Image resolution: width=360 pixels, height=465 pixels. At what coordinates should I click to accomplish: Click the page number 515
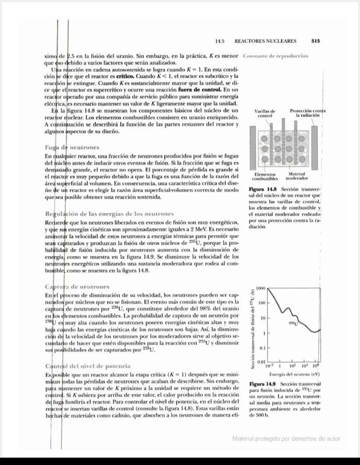(316, 41)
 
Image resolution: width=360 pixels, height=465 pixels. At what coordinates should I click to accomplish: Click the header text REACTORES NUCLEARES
(265, 41)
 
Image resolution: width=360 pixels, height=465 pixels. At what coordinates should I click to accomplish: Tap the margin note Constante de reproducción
(275, 56)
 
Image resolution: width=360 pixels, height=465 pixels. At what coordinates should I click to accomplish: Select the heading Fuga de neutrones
(72, 148)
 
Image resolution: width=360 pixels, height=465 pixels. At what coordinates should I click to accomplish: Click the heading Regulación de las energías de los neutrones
(109, 214)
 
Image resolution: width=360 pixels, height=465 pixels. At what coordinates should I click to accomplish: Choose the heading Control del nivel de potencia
(88, 366)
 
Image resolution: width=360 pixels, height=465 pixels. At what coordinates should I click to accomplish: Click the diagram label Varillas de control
(265, 113)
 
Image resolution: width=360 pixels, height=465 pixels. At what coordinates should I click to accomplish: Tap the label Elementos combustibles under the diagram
(265, 176)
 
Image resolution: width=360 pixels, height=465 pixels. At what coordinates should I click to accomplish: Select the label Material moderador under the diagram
(297, 176)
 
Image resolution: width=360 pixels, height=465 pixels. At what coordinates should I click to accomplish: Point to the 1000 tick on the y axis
(261, 288)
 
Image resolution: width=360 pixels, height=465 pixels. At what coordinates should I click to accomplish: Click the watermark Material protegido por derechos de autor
(286, 439)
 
